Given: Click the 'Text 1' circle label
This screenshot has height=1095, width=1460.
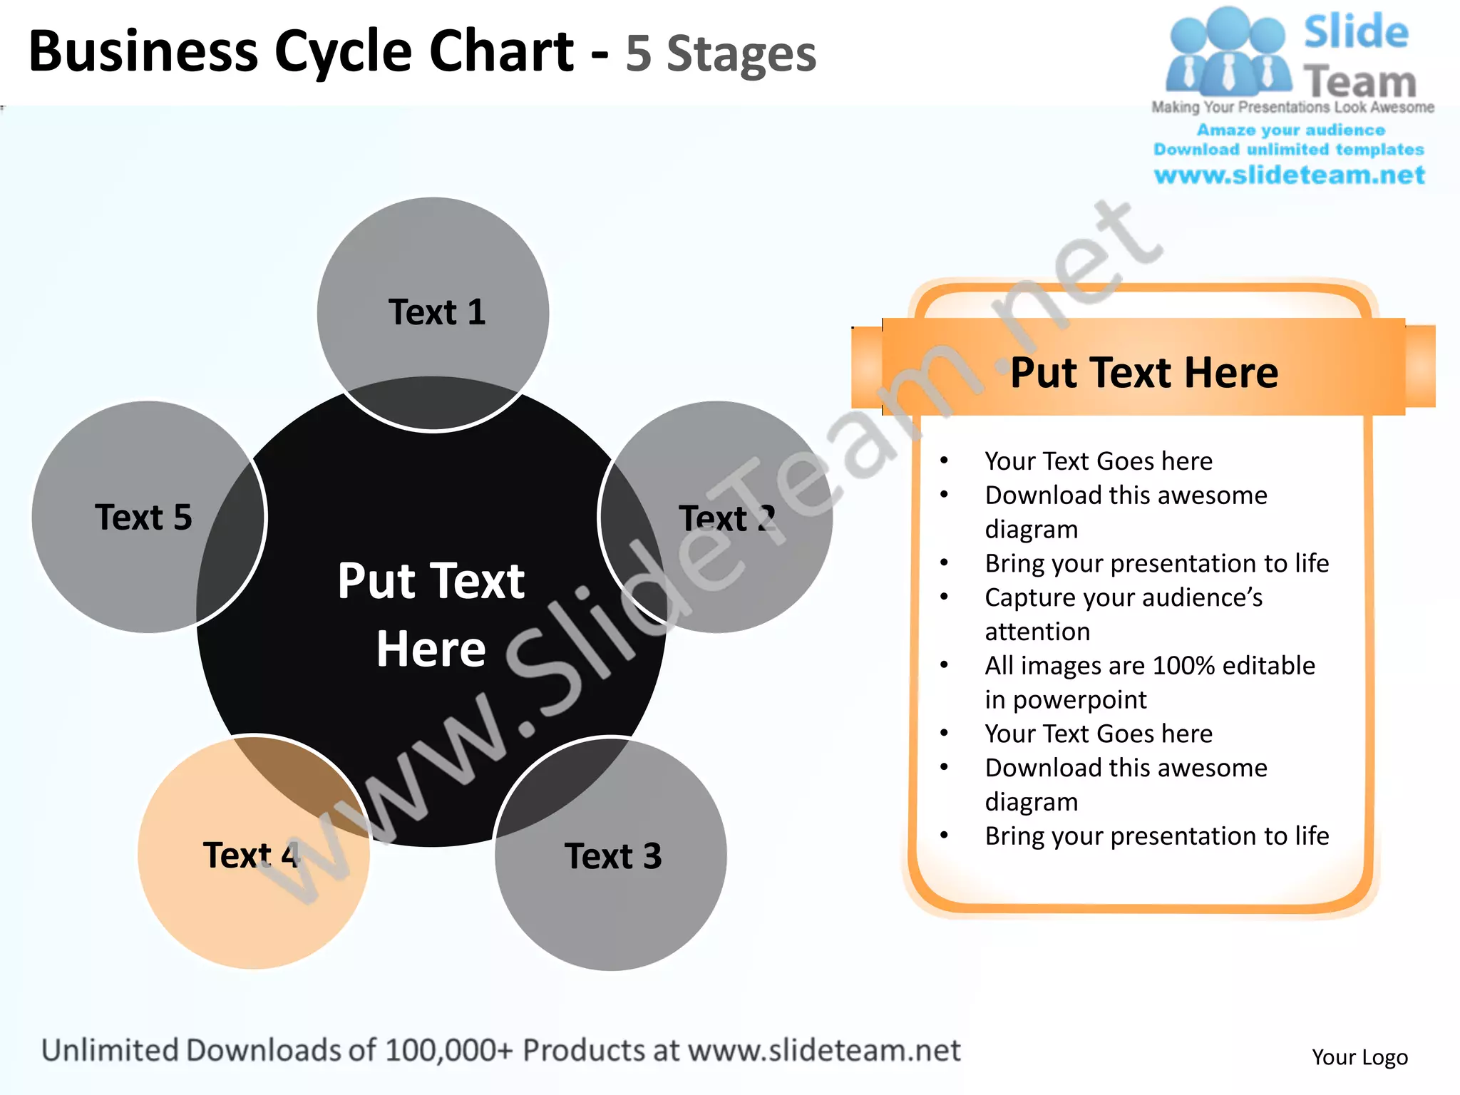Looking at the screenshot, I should pos(436,312).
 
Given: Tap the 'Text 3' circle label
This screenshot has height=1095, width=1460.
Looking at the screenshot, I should pos(613,855).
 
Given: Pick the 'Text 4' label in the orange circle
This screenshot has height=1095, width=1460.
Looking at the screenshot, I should pos(251,855).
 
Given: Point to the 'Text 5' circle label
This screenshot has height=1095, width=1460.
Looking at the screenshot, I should pos(143,517).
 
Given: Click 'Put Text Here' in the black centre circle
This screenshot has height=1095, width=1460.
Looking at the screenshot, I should pos(431,614).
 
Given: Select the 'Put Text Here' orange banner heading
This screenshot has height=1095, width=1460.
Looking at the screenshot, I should pos(1144,372).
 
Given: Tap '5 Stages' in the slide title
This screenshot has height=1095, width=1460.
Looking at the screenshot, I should pos(720,54).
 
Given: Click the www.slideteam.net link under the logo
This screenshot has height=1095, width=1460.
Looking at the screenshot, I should pos(1289,175).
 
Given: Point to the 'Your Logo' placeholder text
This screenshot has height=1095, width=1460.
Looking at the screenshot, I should pos(1359,1057).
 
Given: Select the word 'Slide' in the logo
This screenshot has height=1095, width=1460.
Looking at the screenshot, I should pos(1356,32).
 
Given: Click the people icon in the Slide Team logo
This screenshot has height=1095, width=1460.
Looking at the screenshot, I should pos(1226,53).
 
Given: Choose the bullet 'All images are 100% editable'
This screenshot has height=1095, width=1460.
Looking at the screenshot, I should pos(1149,666).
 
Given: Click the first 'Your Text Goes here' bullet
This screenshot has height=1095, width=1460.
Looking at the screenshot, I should pos(1098,461).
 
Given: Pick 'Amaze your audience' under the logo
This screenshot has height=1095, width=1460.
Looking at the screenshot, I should pos(1290,130).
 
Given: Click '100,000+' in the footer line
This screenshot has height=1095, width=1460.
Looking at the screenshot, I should pos(449,1050).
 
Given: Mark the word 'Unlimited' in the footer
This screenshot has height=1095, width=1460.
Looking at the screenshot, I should pos(110,1050).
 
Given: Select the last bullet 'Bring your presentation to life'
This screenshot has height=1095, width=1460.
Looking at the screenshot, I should pos(1156,836).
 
